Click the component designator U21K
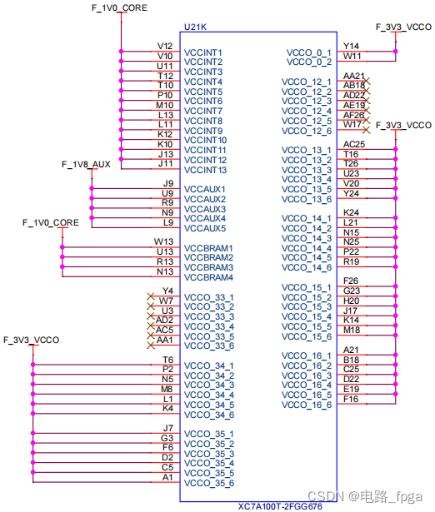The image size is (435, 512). click(195, 27)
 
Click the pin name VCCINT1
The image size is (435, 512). click(203, 52)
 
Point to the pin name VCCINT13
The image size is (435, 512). click(206, 170)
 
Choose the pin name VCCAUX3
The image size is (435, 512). click(205, 209)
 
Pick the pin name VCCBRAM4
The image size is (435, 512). click(208, 277)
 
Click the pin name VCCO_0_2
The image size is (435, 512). click(307, 62)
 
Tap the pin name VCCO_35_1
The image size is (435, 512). click(209, 435)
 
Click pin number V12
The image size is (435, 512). click(165, 46)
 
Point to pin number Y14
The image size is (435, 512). click(352, 46)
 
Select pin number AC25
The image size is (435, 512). click(354, 144)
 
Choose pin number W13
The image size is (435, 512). click(164, 241)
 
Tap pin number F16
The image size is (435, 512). click(352, 399)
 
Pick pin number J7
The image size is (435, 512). click(167, 428)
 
